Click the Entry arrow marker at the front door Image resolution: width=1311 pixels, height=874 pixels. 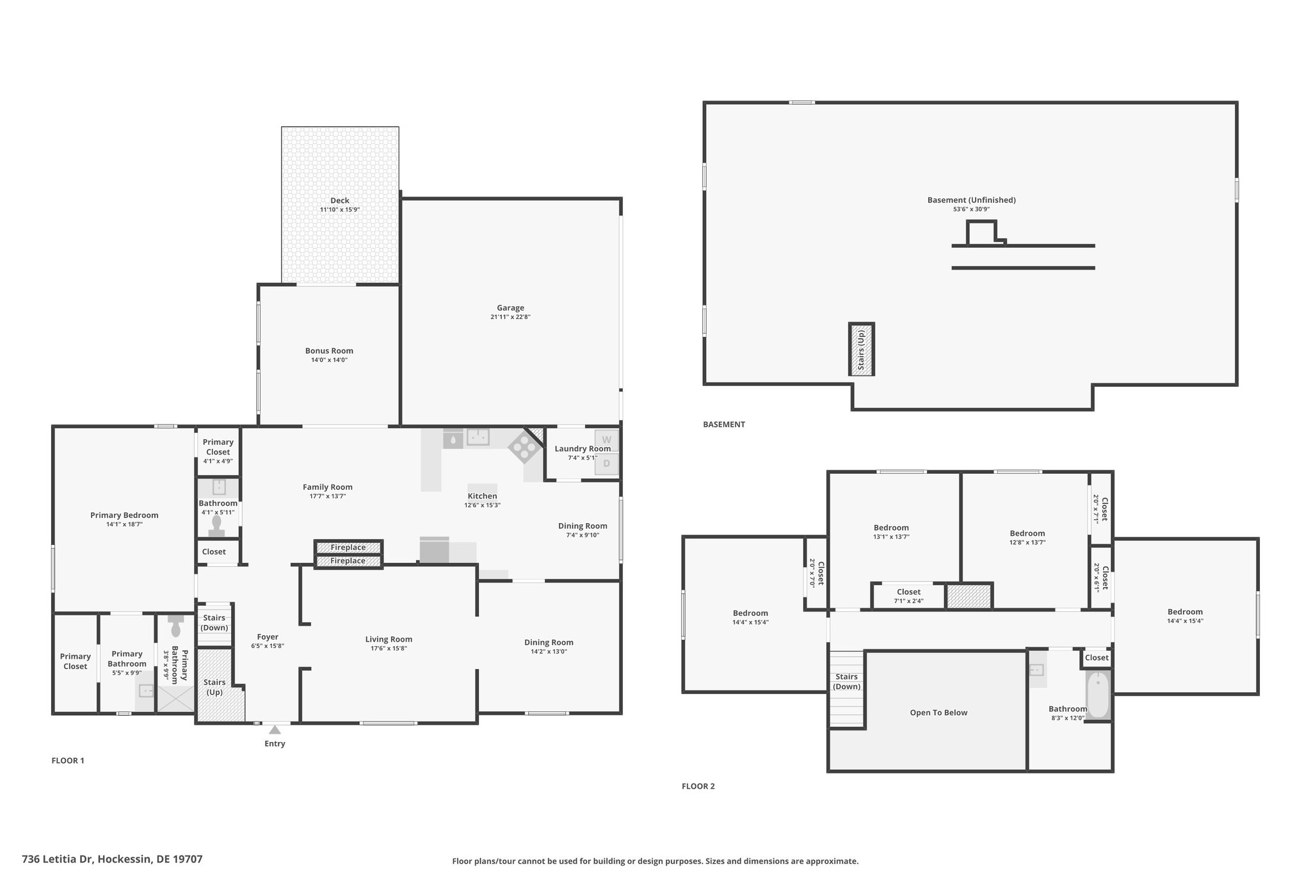coord(275,729)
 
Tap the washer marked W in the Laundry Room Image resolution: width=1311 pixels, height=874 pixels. coord(607,440)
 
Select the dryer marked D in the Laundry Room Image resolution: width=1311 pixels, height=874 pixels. coord(607,464)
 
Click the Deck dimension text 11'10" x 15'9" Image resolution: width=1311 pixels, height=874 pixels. coord(340,209)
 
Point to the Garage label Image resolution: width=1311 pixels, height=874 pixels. coord(510,308)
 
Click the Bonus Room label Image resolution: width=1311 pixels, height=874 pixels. coord(329,351)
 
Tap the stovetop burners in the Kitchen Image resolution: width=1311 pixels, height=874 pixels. coord(524,447)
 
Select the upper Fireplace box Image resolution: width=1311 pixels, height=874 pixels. coord(348,547)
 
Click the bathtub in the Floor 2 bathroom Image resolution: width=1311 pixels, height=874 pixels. coord(1098,695)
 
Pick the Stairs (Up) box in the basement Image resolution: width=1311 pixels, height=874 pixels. coord(862,349)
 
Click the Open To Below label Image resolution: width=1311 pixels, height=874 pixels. coord(938,713)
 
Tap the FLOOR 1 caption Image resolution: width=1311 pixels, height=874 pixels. coord(68,761)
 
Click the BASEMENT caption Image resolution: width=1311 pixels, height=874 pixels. coord(724,424)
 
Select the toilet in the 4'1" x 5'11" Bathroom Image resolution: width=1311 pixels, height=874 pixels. coord(216,526)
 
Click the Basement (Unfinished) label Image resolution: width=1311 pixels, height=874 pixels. coord(971,200)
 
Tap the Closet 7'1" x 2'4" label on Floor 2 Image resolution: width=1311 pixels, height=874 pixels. coord(908,596)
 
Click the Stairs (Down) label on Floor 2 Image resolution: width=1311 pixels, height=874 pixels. coord(846,681)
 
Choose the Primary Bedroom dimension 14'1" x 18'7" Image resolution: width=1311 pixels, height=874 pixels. coord(124,524)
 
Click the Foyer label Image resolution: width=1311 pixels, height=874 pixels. coord(268,637)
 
